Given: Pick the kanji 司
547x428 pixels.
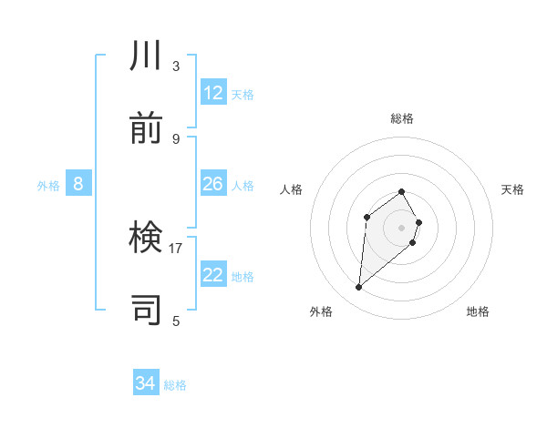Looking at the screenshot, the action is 147,310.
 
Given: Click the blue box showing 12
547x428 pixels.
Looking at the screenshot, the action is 213,93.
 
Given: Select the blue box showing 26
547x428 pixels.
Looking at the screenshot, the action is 213,184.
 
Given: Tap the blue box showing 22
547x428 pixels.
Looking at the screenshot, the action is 213,275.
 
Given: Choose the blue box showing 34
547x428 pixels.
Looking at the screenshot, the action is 146,383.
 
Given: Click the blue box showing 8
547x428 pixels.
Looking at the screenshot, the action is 78,184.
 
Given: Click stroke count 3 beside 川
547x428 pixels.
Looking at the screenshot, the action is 176,66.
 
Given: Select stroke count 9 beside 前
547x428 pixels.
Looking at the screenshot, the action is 176,138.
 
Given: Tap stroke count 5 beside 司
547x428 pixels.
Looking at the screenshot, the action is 176,321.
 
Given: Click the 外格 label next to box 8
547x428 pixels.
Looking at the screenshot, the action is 48,186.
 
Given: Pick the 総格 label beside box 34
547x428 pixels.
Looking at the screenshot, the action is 175,385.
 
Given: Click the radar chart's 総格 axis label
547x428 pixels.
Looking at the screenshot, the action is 402,118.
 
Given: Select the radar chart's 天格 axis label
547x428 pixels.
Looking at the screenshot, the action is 513,189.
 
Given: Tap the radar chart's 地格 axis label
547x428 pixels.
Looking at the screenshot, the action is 478,311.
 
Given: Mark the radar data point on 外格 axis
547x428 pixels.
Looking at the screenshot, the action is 359,288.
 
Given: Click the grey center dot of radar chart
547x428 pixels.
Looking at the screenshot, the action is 401,228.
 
